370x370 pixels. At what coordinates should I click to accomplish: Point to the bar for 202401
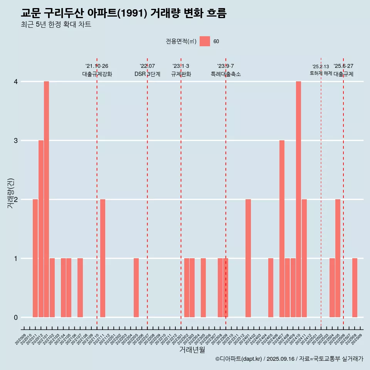248,258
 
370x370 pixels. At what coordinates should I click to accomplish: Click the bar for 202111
103,258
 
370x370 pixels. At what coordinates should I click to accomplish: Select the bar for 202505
338,258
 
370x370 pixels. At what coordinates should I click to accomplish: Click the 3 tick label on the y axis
16,141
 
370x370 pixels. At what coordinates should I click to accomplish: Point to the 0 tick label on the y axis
16,318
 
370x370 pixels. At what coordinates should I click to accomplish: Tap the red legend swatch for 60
205,41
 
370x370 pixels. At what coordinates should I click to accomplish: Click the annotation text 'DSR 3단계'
147,74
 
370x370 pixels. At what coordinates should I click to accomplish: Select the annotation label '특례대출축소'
226,74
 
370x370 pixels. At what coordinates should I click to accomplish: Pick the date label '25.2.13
321,67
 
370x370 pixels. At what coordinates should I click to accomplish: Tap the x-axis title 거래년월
192,350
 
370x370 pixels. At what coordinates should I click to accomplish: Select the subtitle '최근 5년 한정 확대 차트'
56,25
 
